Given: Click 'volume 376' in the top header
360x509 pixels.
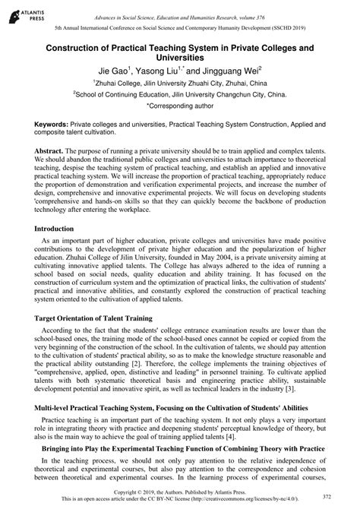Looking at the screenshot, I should tap(280, 16).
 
